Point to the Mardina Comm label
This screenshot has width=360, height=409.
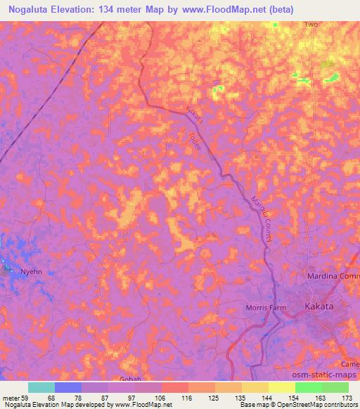(x=333, y=276)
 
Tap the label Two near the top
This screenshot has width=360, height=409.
(x=311, y=25)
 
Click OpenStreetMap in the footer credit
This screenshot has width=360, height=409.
(x=310, y=405)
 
